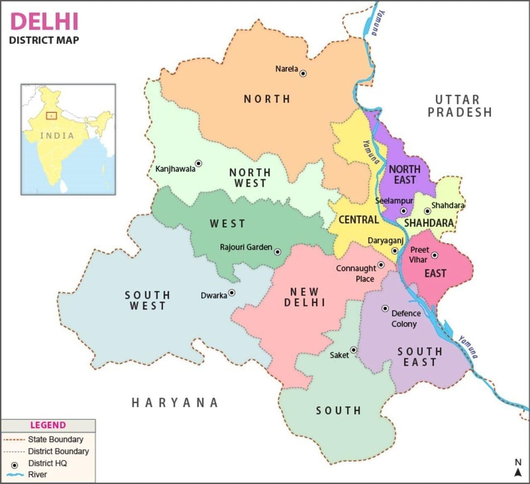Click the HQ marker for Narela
(x=303, y=73)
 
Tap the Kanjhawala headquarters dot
(x=198, y=163)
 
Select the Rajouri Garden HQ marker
(x=277, y=252)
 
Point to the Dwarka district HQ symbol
(x=232, y=293)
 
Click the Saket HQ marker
(x=354, y=350)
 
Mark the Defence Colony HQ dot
(x=385, y=308)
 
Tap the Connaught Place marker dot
(x=381, y=265)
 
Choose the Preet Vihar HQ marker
(x=434, y=255)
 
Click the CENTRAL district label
(x=359, y=220)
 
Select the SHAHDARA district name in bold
(x=429, y=223)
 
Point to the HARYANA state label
(x=175, y=402)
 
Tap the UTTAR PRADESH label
(x=459, y=106)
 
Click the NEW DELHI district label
(x=304, y=297)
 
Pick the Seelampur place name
(x=394, y=201)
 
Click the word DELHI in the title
(x=44, y=22)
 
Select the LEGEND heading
(x=48, y=425)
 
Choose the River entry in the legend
(x=37, y=474)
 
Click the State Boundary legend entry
(x=55, y=439)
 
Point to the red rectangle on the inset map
(x=51, y=116)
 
